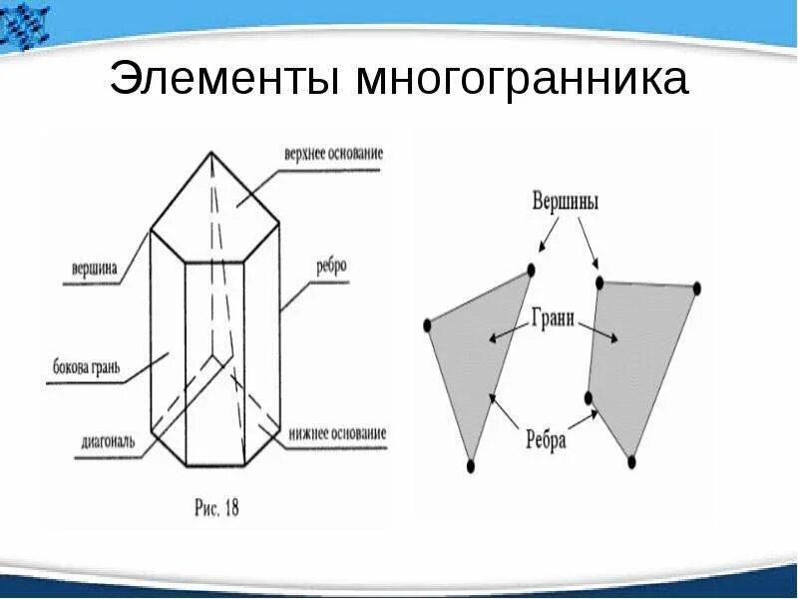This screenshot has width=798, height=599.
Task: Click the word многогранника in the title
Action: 520,80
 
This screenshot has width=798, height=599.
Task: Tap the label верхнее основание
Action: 333,155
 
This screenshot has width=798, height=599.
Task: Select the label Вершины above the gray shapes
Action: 564,202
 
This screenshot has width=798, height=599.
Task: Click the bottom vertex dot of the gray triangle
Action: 471,465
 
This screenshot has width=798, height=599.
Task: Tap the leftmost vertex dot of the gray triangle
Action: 428,324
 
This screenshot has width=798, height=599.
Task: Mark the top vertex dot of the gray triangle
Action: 531,270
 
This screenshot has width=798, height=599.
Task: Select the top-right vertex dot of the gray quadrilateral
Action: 696,289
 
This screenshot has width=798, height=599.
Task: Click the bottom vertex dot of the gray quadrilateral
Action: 630,461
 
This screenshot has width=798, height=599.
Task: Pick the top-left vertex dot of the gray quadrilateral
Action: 599,284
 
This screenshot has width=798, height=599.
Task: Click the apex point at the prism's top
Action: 209,153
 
